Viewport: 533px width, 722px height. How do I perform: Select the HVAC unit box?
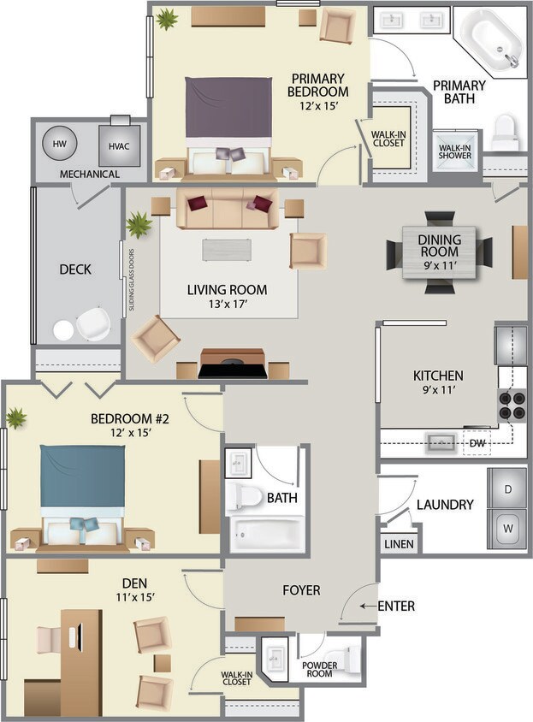point(119,145)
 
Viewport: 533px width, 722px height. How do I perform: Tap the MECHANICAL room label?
point(89,175)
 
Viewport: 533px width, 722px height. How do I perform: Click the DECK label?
point(75,269)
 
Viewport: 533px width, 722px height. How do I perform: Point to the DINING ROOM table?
point(439,252)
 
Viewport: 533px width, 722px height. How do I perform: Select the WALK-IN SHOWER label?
point(456,149)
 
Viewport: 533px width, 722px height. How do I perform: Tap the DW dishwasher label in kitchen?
point(477,443)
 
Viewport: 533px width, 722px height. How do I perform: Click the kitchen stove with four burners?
point(512,405)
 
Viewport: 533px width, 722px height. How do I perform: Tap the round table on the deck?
point(63,329)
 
